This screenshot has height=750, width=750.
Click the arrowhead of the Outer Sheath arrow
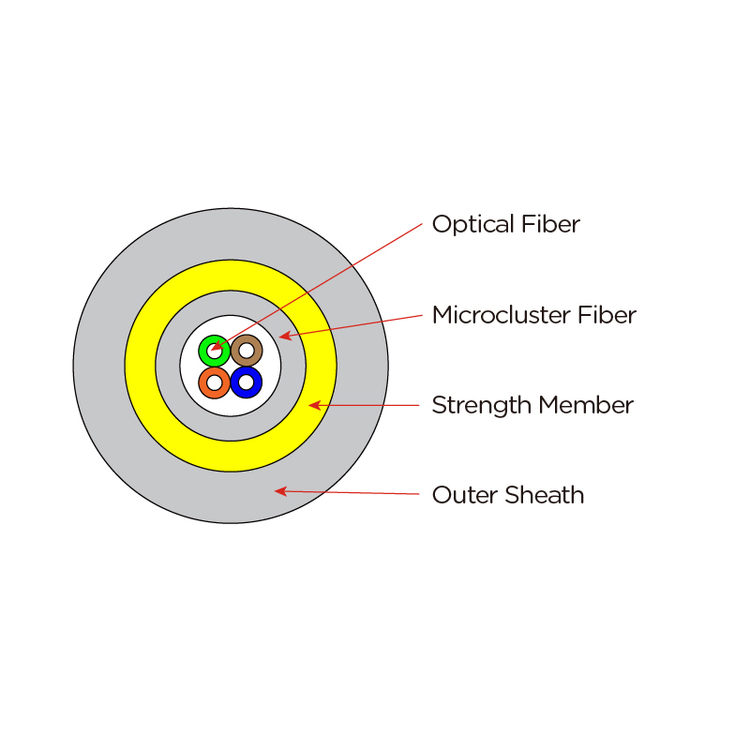(x=278, y=490)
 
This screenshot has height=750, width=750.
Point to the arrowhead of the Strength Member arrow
(x=314, y=405)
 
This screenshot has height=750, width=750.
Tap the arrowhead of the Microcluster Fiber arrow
(x=283, y=336)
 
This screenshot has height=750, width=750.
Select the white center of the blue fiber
(x=246, y=382)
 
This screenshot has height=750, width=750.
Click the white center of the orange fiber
(x=215, y=382)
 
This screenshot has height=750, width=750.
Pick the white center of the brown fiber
(x=247, y=351)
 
